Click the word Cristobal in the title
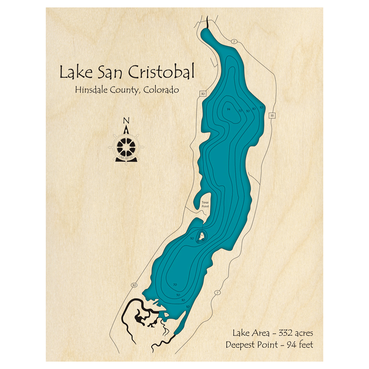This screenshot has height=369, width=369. click(x=161, y=72)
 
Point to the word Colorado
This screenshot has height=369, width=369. click(x=162, y=90)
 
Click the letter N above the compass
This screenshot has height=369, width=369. click(x=126, y=121)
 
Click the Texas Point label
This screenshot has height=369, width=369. click(x=205, y=204)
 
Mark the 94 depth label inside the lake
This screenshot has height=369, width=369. click(x=229, y=110)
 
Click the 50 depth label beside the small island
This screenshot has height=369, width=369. click(x=192, y=239)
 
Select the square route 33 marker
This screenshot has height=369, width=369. click(x=272, y=115)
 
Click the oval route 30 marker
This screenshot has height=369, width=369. click(x=134, y=285)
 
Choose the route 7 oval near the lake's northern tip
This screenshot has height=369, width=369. click(x=234, y=41)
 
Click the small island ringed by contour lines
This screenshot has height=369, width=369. click(x=202, y=236)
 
